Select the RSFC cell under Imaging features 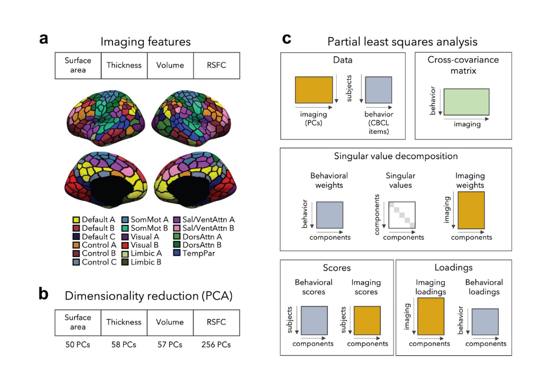pyautogui.click(x=217, y=65)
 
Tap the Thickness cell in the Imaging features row pyautogui.click(x=124, y=65)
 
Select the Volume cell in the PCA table pyautogui.click(x=170, y=322)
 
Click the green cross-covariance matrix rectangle pyautogui.click(x=466, y=103)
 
